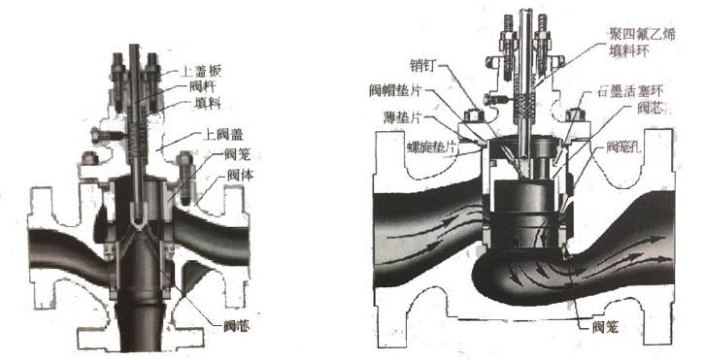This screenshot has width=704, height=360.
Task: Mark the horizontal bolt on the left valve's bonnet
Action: point(101,136)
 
